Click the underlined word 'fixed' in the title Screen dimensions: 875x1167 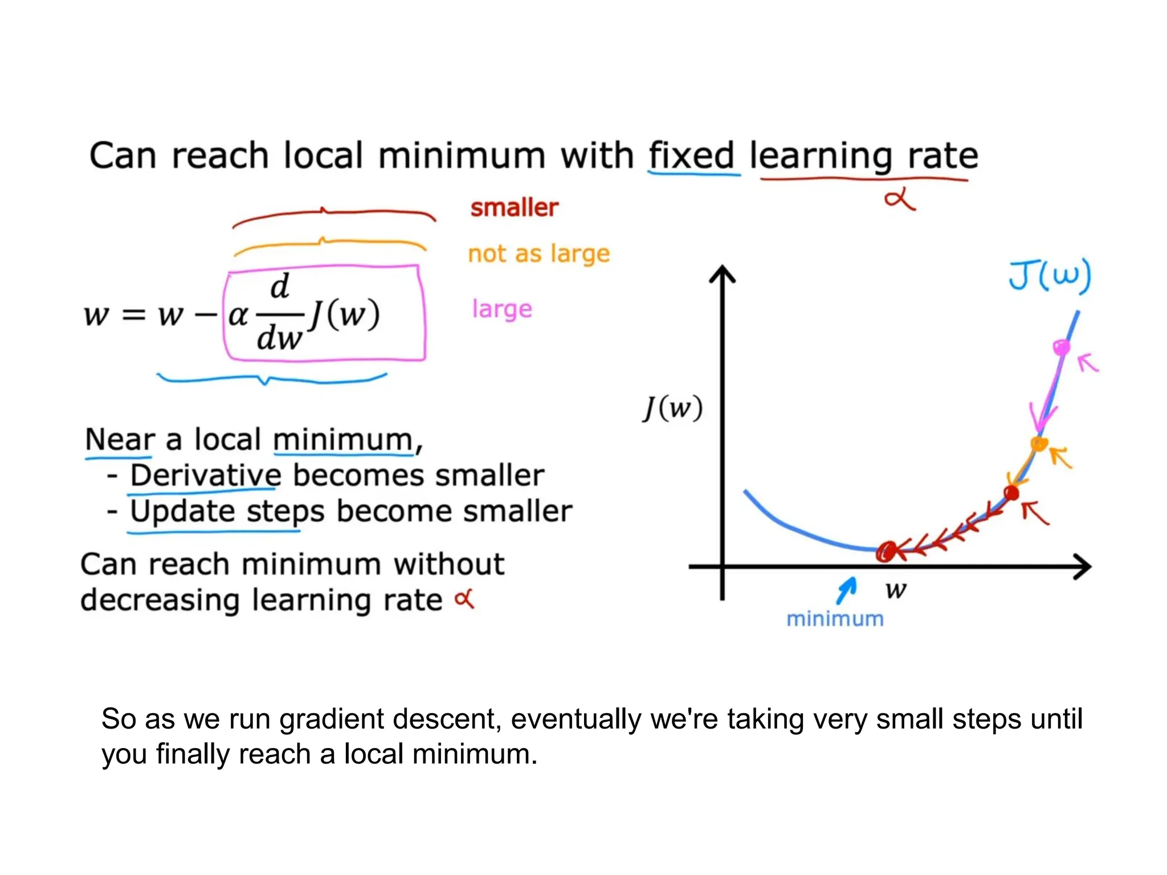point(691,156)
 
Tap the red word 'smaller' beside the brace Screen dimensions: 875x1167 point(514,208)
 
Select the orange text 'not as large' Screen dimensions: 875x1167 point(538,253)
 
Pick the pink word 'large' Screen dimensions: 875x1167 point(502,309)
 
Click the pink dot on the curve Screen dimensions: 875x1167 point(1061,347)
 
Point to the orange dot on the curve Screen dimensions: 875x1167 point(1039,444)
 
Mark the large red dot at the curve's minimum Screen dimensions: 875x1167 point(886,551)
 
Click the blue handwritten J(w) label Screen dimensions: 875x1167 point(1050,276)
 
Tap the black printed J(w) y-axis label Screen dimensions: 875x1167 point(673,408)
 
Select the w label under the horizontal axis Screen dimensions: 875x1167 point(896,590)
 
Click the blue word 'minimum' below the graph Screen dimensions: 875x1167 point(835,619)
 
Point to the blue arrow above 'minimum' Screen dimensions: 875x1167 point(847,589)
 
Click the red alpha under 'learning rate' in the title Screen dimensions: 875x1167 point(899,201)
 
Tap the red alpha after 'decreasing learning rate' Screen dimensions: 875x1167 point(464,599)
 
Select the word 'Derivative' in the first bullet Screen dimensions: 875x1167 point(206,475)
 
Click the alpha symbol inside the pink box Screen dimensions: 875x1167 point(238,315)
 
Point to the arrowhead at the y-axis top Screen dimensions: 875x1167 point(723,275)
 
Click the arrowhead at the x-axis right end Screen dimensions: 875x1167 point(1082,567)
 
